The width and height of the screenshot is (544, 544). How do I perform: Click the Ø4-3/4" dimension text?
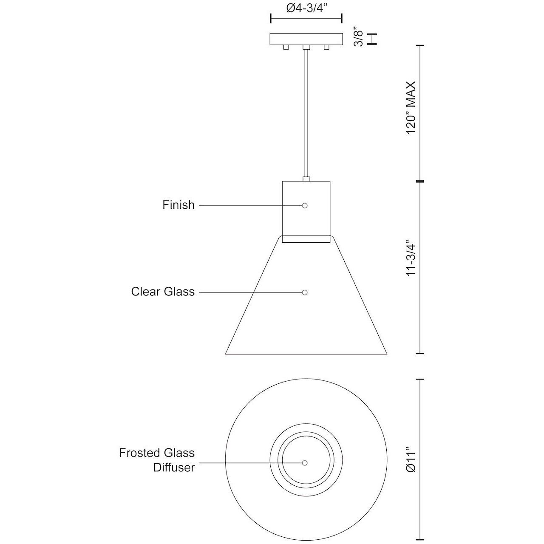[306, 8]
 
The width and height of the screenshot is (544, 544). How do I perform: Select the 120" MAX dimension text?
[411, 108]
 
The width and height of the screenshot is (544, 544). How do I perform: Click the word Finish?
[178, 205]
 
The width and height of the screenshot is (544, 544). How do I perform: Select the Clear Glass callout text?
[163, 292]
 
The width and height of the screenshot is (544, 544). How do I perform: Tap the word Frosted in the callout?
[139, 453]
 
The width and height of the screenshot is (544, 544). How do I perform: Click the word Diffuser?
[174, 467]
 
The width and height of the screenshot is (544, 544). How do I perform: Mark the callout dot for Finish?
[304, 206]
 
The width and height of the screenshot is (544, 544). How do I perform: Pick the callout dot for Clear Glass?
[304, 292]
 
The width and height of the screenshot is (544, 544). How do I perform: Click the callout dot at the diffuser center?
[304, 462]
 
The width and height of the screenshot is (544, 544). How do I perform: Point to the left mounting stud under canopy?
[286, 47]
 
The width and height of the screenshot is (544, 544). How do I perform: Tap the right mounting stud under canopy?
[326, 47]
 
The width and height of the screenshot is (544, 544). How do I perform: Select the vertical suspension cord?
[306, 115]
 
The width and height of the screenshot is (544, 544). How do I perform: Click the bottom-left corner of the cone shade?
[226, 353]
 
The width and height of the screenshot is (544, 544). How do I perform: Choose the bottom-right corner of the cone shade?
[387, 353]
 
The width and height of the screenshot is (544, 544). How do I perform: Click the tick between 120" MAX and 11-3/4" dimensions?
[420, 181]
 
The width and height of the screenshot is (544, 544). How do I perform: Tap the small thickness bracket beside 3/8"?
[373, 39]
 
